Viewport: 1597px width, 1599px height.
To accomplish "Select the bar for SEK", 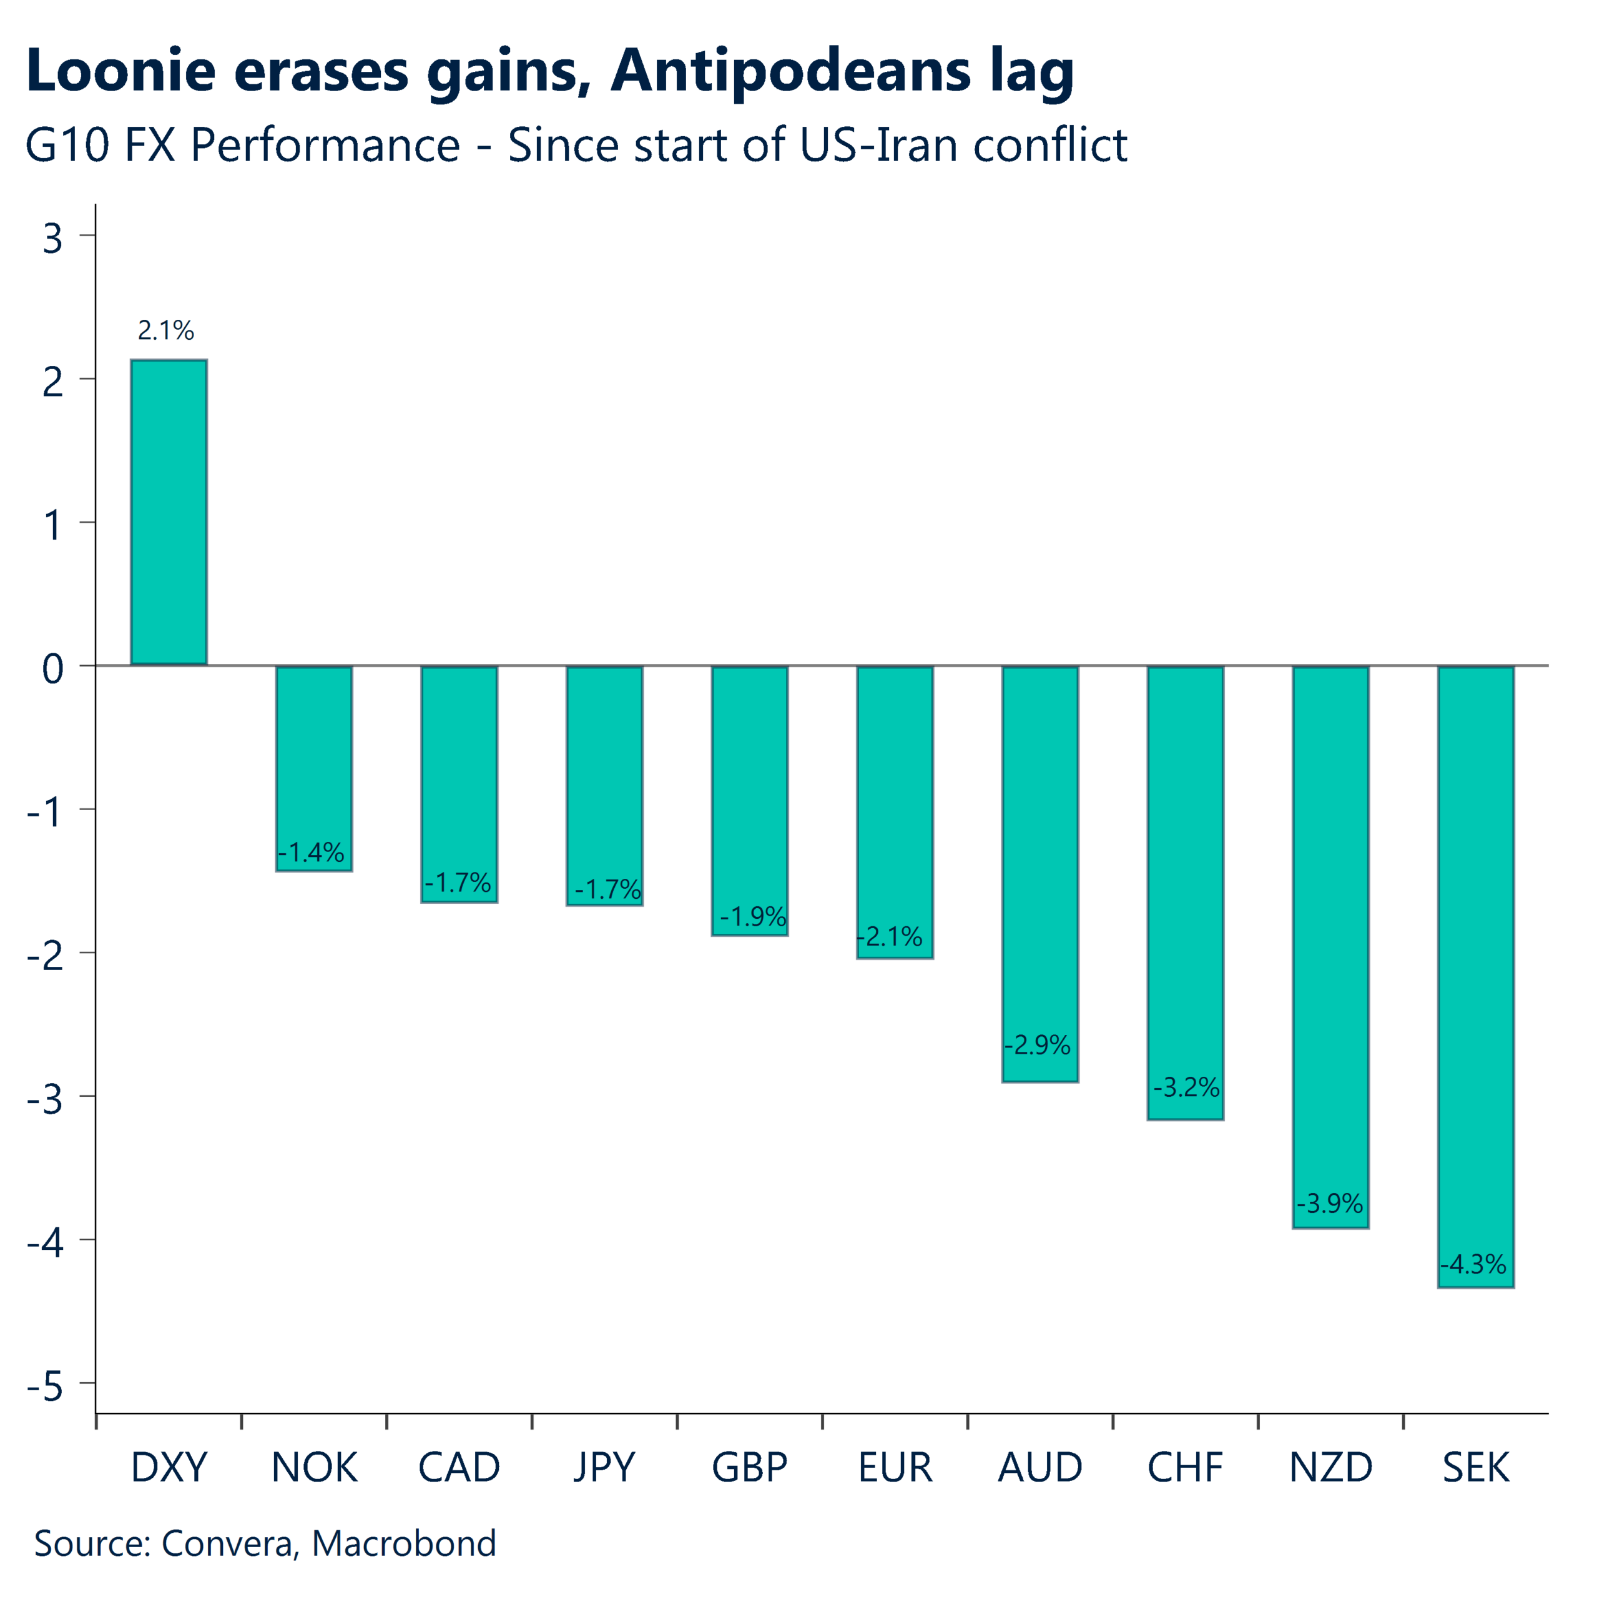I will click(x=1475, y=977).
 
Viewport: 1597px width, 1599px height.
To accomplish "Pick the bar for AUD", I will click(x=1039, y=873).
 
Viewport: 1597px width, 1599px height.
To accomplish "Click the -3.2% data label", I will click(x=1186, y=1087).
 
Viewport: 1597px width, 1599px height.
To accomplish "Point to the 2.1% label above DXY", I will click(x=165, y=331).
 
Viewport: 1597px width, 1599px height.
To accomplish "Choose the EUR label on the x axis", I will click(x=895, y=1467).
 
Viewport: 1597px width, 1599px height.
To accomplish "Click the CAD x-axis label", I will click(x=459, y=1467).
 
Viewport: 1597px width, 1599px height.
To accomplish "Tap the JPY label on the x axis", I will click(x=604, y=1467).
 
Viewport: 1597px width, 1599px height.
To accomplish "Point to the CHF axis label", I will click(x=1185, y=1467).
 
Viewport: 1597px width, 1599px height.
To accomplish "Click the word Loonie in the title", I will click(x=121, y=71).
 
